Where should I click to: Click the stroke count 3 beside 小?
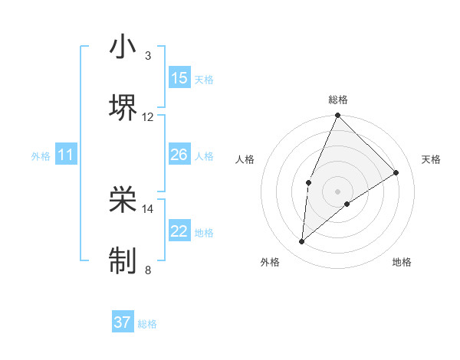(x=147, y=56)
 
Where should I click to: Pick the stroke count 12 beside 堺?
(x=148, y=117)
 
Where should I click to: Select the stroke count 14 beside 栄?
(x=148, y=208)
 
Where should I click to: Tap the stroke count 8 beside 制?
(x=147, y=270)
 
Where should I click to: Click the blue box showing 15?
(x=179, y=78)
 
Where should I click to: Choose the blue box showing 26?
(x=179, y=155)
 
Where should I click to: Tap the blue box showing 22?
(x=179, y=231)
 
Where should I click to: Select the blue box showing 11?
(x=66, y=155)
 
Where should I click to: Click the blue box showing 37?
(x=123, y=322)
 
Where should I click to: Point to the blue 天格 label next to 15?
(x=204, y=79)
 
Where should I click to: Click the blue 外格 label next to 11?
(x=41, y=155)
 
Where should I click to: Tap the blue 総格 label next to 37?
(x=147, y=323)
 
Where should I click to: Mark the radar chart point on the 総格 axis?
(x=337, y=116)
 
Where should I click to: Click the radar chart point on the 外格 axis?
(x=302, y=241)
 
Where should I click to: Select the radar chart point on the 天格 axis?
(x=396, y=172)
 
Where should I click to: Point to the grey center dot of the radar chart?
(x=337, y=191)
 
